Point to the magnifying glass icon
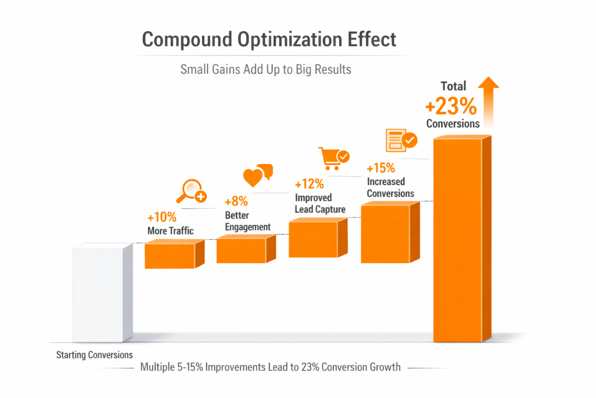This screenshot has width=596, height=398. (192, 191)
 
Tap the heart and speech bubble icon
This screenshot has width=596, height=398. (258, 175)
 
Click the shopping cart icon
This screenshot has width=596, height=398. (333, 158)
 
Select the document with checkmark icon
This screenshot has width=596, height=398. (401, 140)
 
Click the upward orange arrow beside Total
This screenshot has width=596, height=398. (488, 101)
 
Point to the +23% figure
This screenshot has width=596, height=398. (451, 106)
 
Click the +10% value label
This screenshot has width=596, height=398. (162, 217)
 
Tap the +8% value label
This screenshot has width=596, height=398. (236, 201)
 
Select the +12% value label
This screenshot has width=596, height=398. (309, 184)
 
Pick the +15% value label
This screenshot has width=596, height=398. (381, 168)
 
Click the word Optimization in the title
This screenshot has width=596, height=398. (289, 40)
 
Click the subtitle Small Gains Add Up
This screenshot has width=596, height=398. (266, 70)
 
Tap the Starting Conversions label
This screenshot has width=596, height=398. (94, 355)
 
